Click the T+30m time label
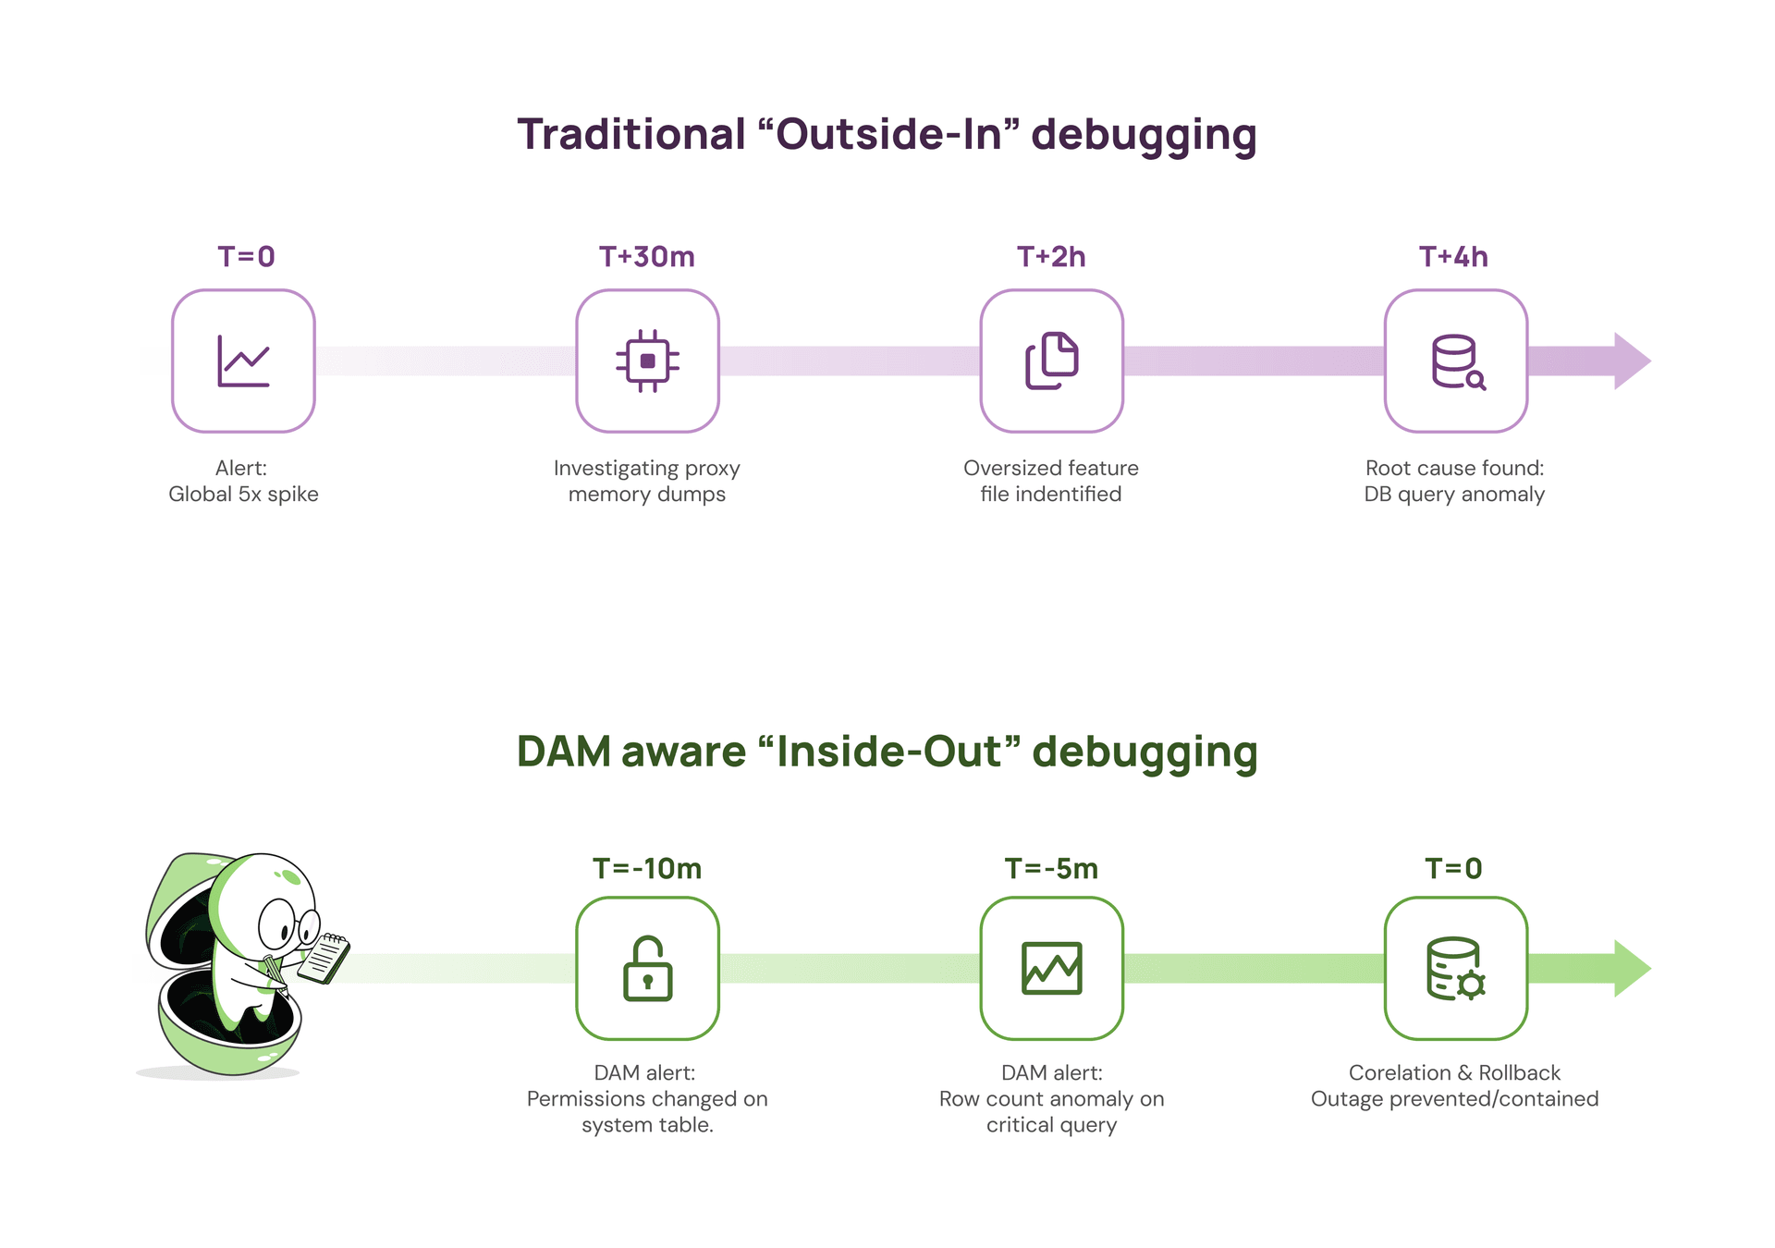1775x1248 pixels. point(646,256)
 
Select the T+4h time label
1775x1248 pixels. point(1453,256)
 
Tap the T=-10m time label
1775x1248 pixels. point(646,868)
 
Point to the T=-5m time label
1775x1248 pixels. point(1051,868)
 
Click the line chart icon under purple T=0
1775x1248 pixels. point(243,361)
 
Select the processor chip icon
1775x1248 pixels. point(647,361)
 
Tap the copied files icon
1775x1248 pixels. point(1051,361)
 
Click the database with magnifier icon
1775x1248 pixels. point(1457,361)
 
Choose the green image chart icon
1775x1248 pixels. point(1051,968)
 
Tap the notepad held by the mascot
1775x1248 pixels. point(324,959)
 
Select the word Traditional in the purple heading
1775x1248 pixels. point(630,135)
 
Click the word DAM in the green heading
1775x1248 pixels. point(563,752)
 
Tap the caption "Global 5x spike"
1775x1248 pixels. point(243,494)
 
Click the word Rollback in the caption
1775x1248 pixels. point(1519,1072)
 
